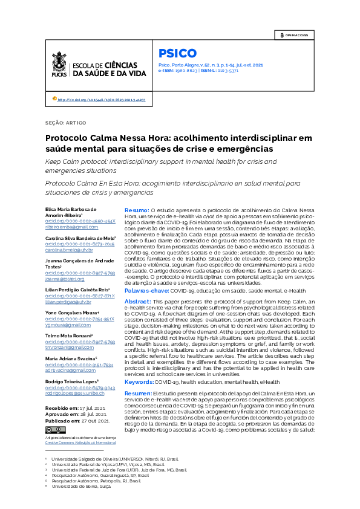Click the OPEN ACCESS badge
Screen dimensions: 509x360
point(294,35)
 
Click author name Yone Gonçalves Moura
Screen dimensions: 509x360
point(72,312)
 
